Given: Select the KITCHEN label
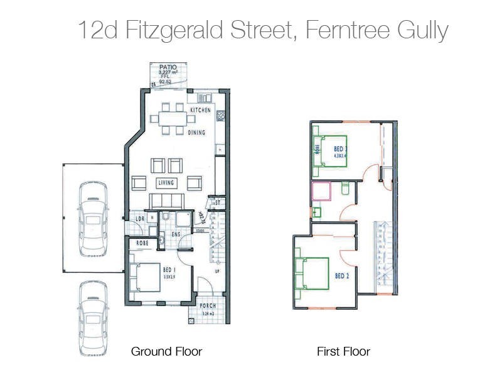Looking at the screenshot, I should (x=201, y=110).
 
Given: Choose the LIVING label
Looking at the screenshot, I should (x=166, y=183).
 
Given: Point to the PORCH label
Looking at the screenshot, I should (x=208, y=306).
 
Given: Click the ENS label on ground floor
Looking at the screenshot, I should (x=178, y=235).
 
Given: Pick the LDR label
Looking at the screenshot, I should (x=141, y=219).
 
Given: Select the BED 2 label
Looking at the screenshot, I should (x=342, y=276).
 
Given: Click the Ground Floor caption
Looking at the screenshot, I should (x=166, y=351).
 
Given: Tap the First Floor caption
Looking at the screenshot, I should (x=343, y=351).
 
